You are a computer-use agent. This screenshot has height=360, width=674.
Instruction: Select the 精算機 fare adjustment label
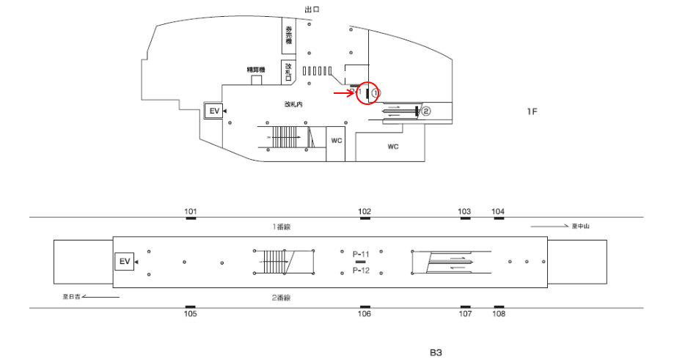tap(256, 70)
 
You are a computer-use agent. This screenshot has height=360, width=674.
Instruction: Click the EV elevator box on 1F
tap(214, 111)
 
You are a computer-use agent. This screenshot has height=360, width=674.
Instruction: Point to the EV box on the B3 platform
tap(124, 261)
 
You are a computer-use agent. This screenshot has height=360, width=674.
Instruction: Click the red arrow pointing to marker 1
tap(344, 93)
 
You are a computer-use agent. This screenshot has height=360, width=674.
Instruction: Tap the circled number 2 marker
tap(425, 111)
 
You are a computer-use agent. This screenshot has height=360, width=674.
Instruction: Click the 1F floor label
tap(532, 111)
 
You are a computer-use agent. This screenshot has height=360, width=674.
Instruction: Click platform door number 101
tap(191, 212)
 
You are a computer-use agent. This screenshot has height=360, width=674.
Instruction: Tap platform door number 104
tap(498, 212)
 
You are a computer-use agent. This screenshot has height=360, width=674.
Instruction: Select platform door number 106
tap(365, 314)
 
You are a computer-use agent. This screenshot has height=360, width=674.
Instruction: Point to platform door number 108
tap(499, 314)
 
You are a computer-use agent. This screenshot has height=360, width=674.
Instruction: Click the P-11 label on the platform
tap(361, 253)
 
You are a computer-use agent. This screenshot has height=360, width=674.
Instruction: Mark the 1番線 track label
tap(282, 227)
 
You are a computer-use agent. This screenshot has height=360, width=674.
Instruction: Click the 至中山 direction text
tap(580, 226)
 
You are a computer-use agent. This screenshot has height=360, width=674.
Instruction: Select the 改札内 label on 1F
tap(293, 104)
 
